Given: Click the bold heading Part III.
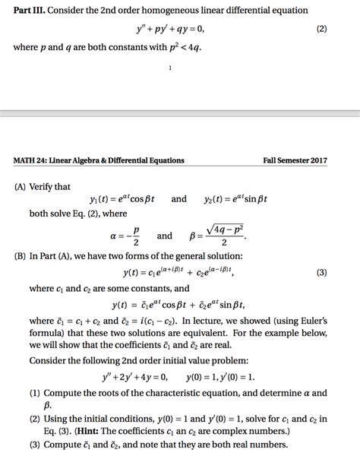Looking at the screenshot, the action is pos(27,11).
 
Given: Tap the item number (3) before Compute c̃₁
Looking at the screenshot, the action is pos(36,447).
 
